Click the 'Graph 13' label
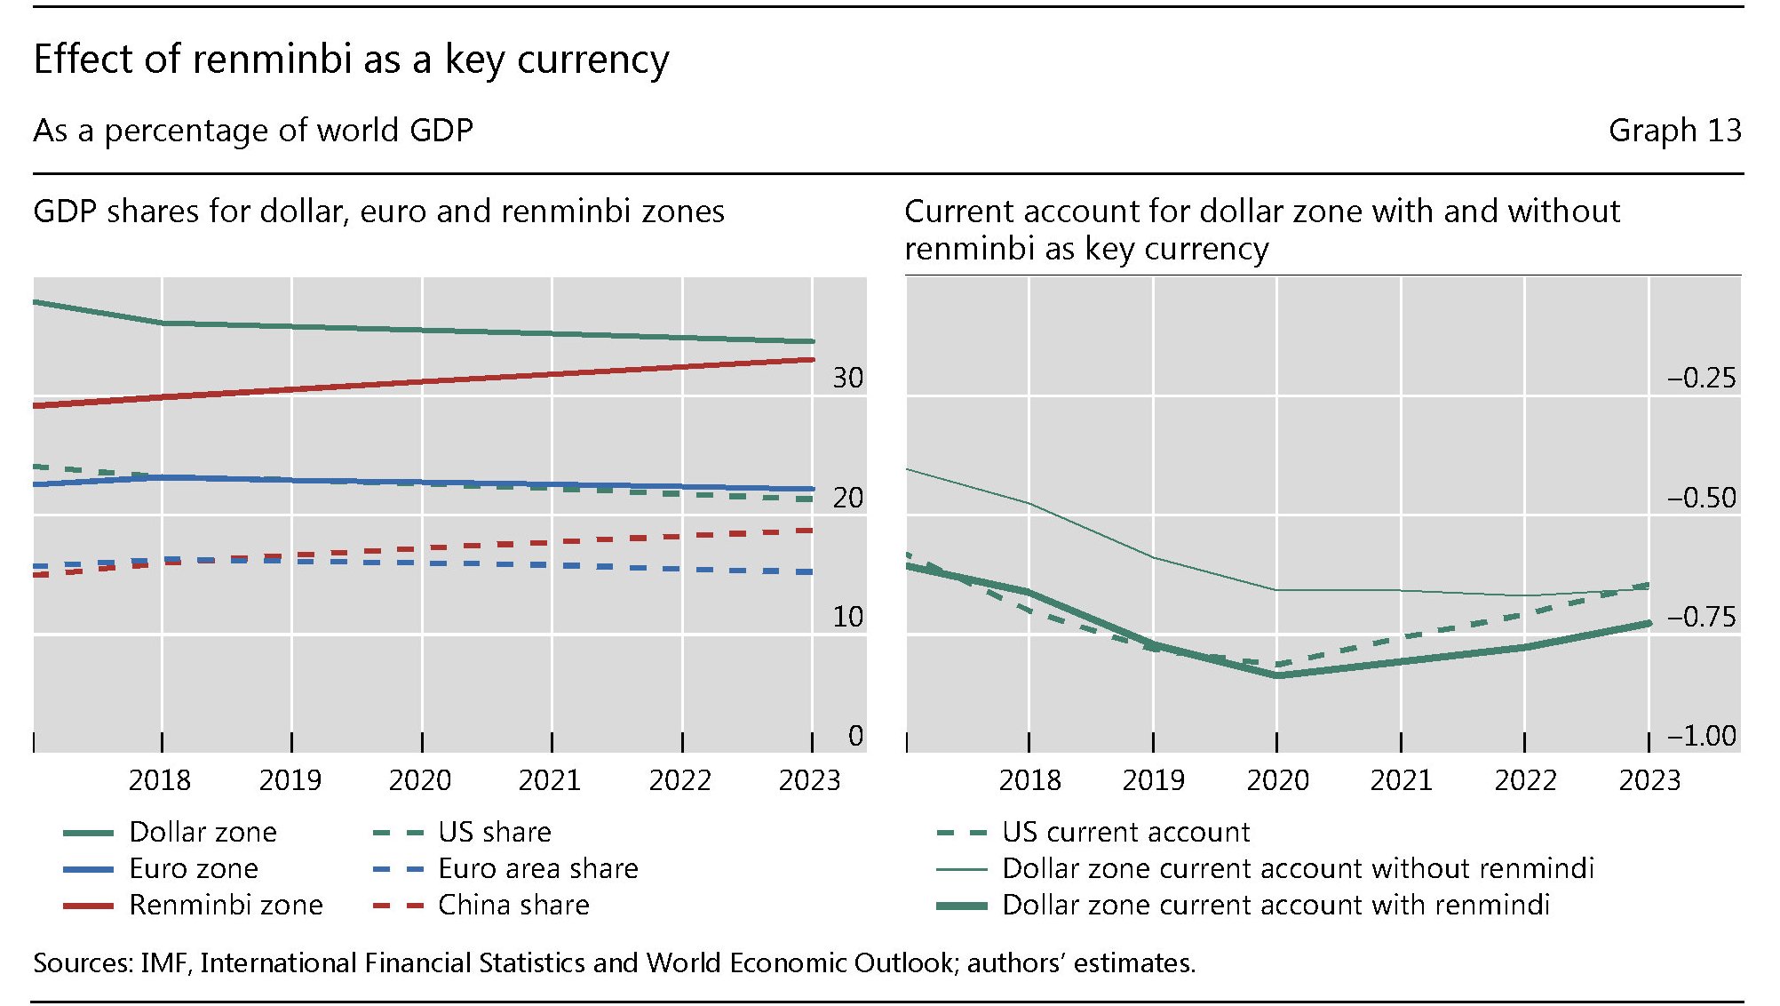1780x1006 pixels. [1674, 131]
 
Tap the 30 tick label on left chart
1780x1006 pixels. [847, 379]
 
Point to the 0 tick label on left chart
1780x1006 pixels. [855, 736]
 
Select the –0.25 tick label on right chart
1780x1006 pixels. [1701, 379]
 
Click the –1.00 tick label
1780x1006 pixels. [1701, 736]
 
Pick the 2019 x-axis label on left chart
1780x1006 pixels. [290, 780]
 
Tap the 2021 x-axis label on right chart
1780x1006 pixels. [1401, 780]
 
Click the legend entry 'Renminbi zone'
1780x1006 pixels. [226, 905]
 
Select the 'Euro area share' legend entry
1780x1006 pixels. [537, 868]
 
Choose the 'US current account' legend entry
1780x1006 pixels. [1125, 832]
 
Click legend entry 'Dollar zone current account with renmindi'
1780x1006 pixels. [1275, 905]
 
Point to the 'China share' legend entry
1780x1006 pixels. [513, 905]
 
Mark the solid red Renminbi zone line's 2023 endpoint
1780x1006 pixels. [812, 359]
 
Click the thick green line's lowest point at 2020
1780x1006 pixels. [1277, 675]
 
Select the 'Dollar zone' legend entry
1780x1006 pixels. [203, 832]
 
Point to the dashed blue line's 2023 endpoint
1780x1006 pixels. [812, 571]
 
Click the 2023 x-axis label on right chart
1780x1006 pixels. [1649, 780]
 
